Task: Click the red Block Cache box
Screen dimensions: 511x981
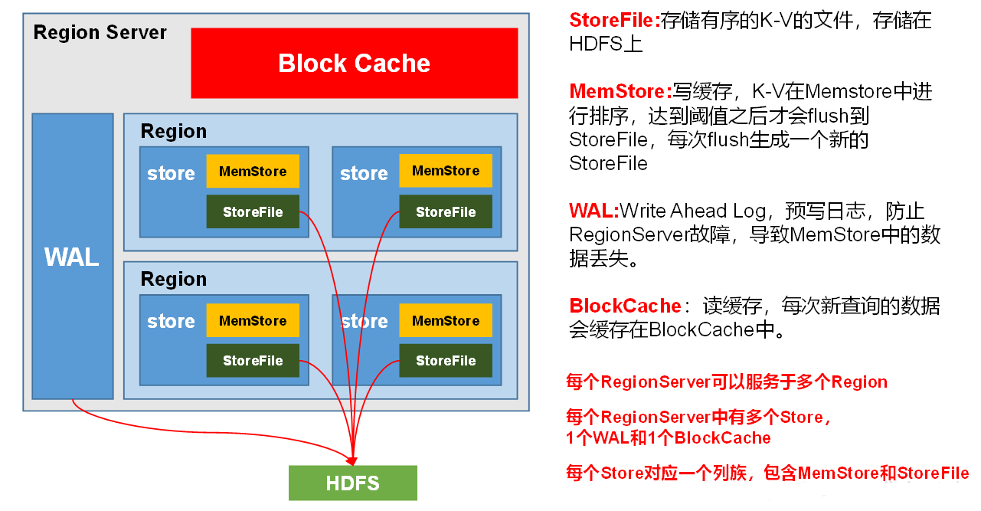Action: coord(354,63)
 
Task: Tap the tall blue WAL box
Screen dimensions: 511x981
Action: coord(72,257)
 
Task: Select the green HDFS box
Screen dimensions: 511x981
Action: coord(352,483)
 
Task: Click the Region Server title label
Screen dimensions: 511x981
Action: coord(100,33)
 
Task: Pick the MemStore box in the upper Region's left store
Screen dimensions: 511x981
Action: coord(253,172)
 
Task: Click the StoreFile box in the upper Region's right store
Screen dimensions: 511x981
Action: coord(446,212)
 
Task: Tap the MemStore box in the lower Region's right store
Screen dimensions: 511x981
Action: coord(446,321)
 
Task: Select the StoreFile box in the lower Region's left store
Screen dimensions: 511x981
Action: coord(253,361)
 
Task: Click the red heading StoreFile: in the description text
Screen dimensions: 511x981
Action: coord(614,21)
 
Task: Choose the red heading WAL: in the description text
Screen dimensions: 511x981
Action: coord(594,211)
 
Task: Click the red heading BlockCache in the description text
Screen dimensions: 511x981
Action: coord(625,306)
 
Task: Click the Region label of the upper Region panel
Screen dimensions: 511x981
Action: coord(174,132)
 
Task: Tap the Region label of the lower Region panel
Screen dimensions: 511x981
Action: coord(174,280)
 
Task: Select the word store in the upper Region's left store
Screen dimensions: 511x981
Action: coord(171,174)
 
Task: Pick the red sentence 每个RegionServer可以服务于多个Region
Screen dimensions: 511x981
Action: coord(726,382)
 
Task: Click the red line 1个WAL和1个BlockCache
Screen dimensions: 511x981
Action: coord(668,438)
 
